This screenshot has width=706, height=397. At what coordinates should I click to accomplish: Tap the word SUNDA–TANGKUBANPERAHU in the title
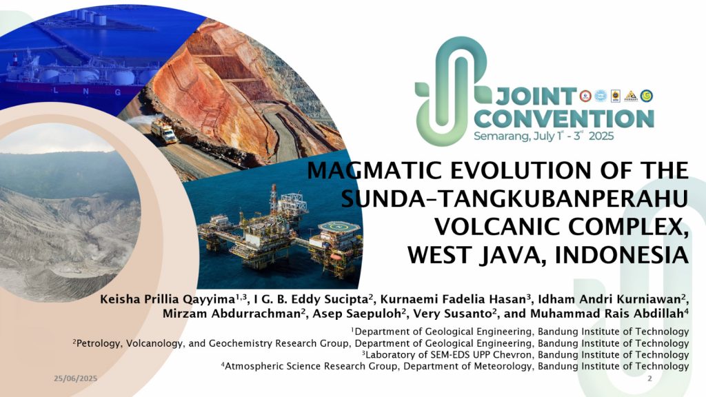(514, 198)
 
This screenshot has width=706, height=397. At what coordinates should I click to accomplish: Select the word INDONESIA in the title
(622, 255)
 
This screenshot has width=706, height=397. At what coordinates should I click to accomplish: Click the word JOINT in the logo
(536, 96)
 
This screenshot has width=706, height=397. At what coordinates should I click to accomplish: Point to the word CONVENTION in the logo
(564, 119)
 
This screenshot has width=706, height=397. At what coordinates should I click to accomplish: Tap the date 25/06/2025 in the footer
(76, 378)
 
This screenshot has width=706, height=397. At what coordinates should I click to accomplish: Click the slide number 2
(649, 378)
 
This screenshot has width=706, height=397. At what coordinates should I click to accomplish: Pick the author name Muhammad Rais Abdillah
(607, 314)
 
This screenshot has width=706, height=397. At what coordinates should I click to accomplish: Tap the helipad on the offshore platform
(339, 226)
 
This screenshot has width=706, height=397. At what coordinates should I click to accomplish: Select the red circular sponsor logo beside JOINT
(585, 95)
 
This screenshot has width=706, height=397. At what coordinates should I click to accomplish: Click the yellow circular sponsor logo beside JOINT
(647, 95)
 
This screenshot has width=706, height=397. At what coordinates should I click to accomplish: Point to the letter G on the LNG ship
(118, 92)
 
